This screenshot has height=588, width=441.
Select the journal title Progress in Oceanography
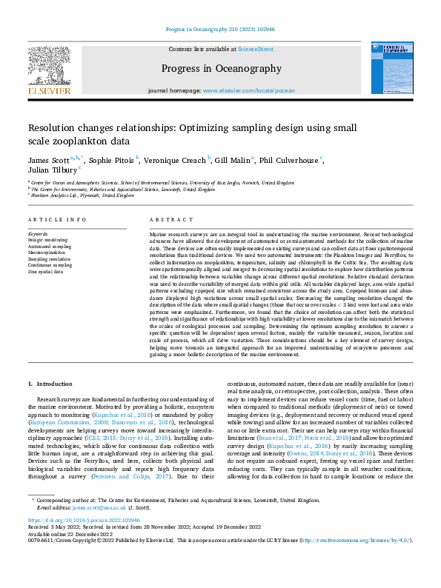[x=220, y=69]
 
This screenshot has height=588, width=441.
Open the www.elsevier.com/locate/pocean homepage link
[x=248, y=90]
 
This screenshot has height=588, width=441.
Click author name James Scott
[x=50, y=160]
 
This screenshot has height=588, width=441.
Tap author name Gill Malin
[x=233, y=160]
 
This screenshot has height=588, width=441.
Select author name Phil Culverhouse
[x=290, y=160]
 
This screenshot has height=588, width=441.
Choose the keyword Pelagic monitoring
[x=48, y=238]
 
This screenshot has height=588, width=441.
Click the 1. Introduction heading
[x=51, y=384]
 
